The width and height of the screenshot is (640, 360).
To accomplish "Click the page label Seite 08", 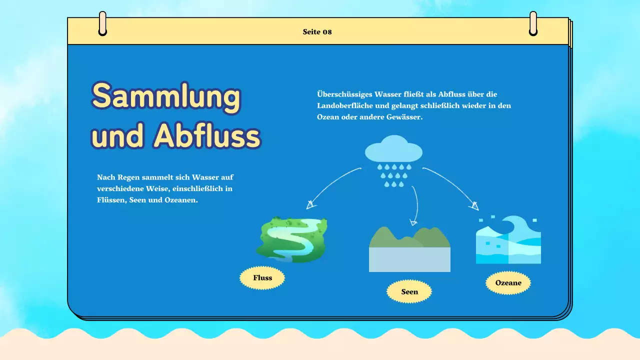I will [x=317, y=32].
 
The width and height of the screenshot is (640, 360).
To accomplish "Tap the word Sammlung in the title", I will [x=166, y=96].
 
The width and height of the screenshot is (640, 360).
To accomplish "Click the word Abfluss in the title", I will [x=207, y=135].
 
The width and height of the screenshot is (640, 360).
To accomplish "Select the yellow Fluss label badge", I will [x=262, y=278].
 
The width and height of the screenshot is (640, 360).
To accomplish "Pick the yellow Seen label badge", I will [x=409, y=292].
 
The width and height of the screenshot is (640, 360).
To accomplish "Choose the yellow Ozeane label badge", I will [x=508, y=283].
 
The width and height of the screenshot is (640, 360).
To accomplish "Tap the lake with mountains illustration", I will [x=409, y=249].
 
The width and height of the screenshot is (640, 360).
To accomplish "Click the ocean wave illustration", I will [x=508, y=240].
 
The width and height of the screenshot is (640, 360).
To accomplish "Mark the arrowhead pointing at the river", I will [x=310, y=204].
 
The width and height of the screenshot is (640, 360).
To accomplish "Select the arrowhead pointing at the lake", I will [x=413, y=221].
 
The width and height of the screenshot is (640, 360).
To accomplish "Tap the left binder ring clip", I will [x=102, y=24].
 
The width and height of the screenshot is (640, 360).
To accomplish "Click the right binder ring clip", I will [x=533, y=24].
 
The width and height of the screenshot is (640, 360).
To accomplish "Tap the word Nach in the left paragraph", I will [x=105, y=177].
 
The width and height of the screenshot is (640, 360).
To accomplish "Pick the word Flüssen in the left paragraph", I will [x=110, y=200].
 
